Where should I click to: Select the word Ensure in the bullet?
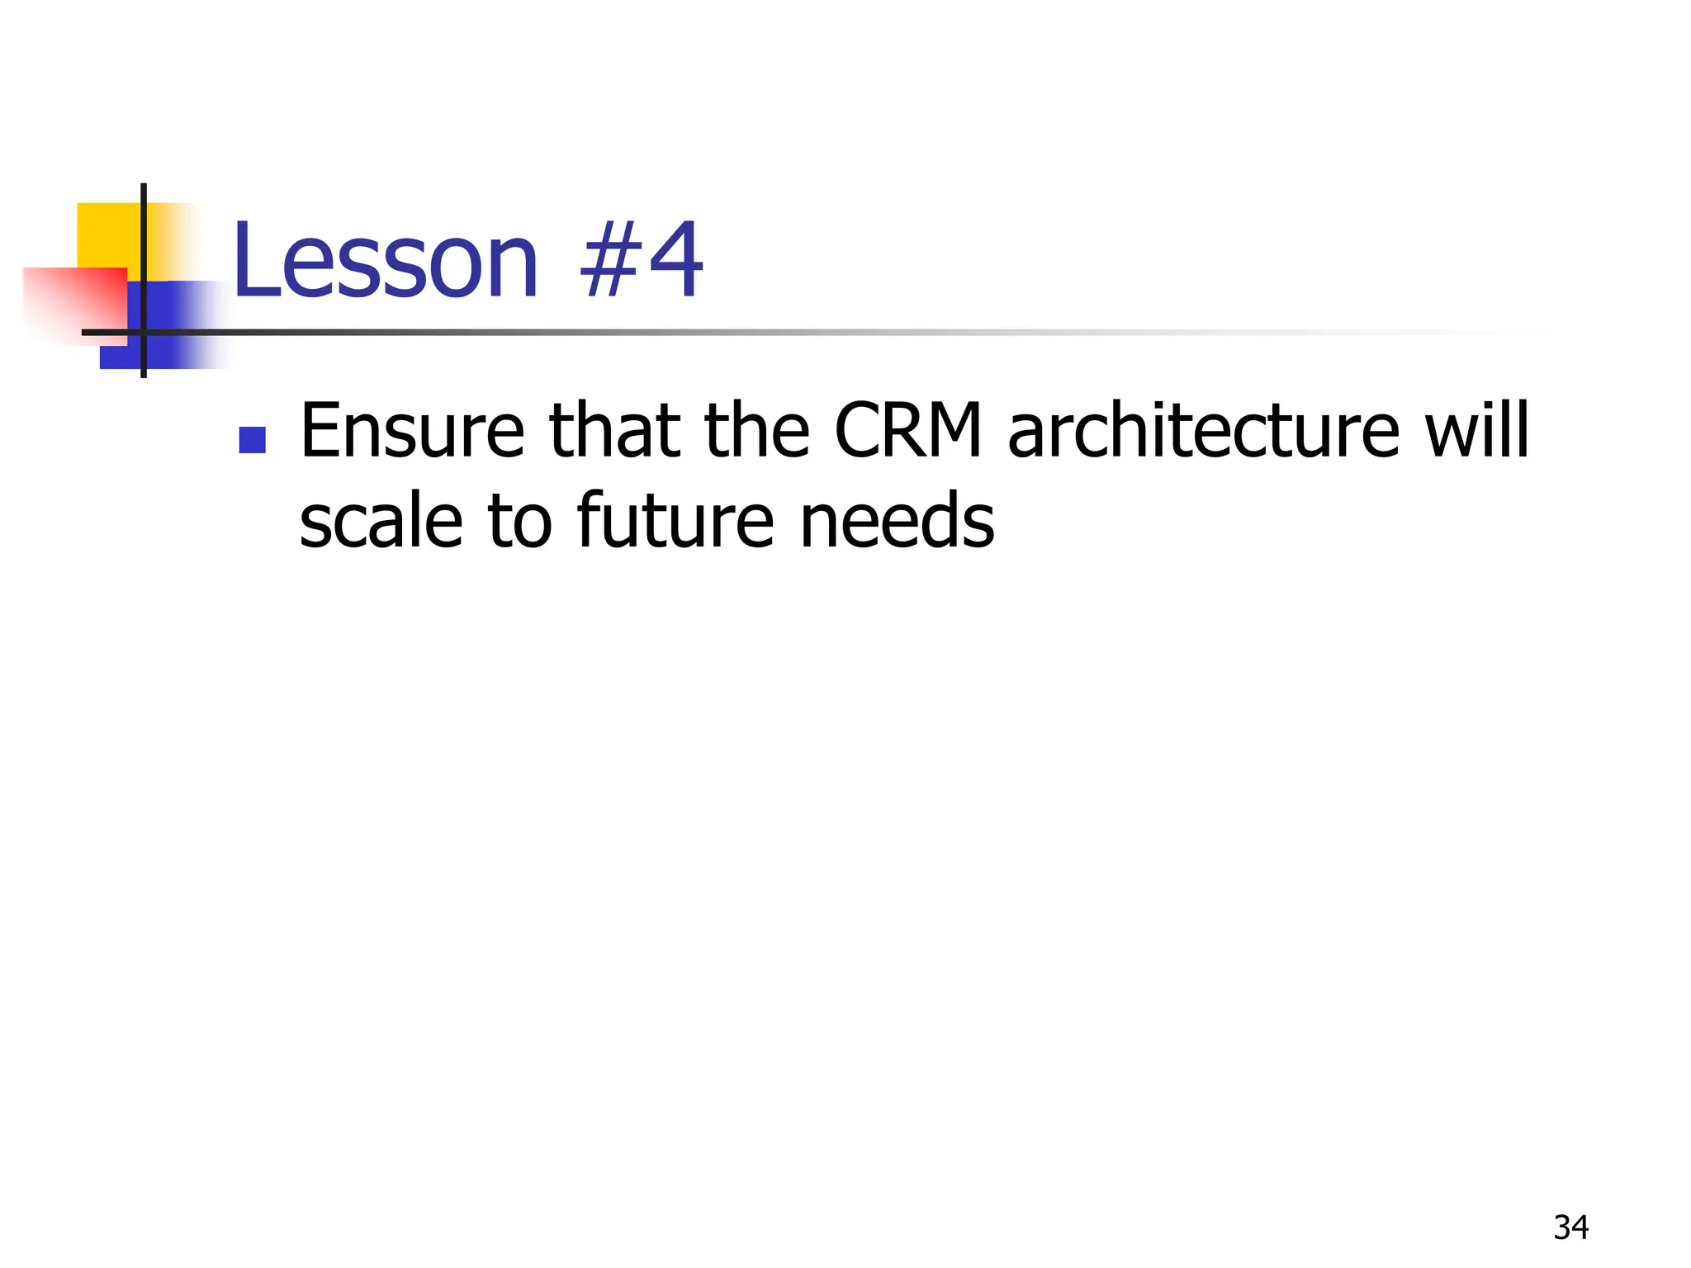point(412,431)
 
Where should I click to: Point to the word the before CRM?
point(756,431)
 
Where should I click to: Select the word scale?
point(381,522)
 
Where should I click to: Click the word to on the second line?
point(519,522)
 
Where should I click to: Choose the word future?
point(675,522)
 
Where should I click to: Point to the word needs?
point(898,522)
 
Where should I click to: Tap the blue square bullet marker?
point(253,440)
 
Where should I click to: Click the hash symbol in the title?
point(609,263)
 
